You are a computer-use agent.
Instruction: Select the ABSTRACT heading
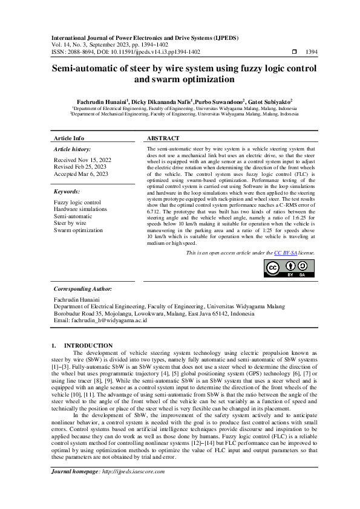163,138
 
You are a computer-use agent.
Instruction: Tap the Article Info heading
69,138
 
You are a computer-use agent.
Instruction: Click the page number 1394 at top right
312,53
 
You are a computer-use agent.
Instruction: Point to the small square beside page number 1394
294,53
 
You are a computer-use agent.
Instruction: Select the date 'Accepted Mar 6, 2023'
81,173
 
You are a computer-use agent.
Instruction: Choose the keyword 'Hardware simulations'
80,209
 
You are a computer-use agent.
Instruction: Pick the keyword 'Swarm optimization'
78,230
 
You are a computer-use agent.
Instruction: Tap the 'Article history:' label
73,149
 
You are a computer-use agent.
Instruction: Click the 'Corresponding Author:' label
83,290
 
